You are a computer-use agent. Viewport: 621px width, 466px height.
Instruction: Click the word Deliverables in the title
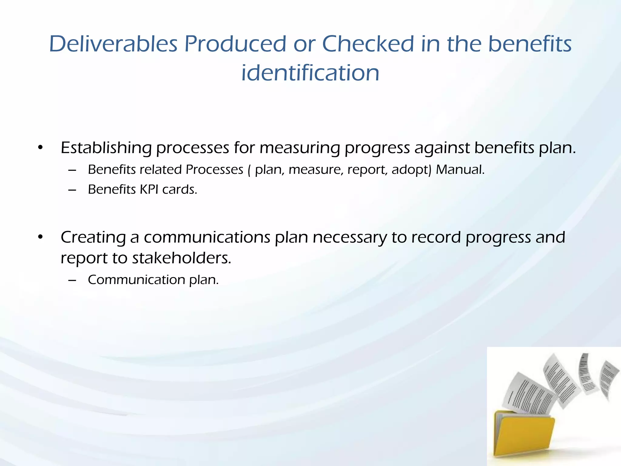[x=113, y=44]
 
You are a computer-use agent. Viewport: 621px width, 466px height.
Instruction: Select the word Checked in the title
[x=368, y=44]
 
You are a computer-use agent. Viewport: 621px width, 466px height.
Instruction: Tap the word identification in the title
[x=310, y=73]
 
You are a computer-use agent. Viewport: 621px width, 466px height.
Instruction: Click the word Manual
[x=460, y=170]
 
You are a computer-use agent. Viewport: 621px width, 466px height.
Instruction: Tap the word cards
[x=180, y=190]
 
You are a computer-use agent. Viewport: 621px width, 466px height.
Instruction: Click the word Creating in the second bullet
[x=93, y=238]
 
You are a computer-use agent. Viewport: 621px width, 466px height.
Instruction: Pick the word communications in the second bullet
[x=207, y=238]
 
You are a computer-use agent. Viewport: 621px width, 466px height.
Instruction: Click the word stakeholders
[x=181, y=258]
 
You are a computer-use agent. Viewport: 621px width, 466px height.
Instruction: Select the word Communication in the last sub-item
[x=136, y=280]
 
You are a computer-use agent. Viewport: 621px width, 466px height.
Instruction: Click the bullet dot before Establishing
[x=40, y=148]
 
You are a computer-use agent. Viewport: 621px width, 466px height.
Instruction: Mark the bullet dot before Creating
[x=40, y=237]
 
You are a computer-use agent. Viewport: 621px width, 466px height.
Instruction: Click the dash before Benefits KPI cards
[x=72, y=190]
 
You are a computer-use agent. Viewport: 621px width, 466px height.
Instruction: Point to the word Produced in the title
[x=235, y=44]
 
